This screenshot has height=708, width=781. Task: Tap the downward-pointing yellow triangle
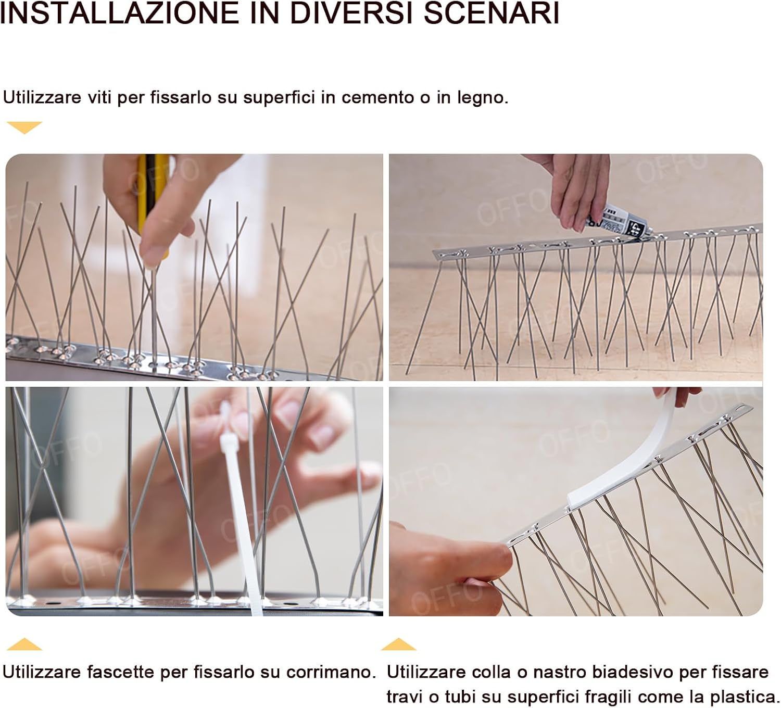click(x=24, y=127)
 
